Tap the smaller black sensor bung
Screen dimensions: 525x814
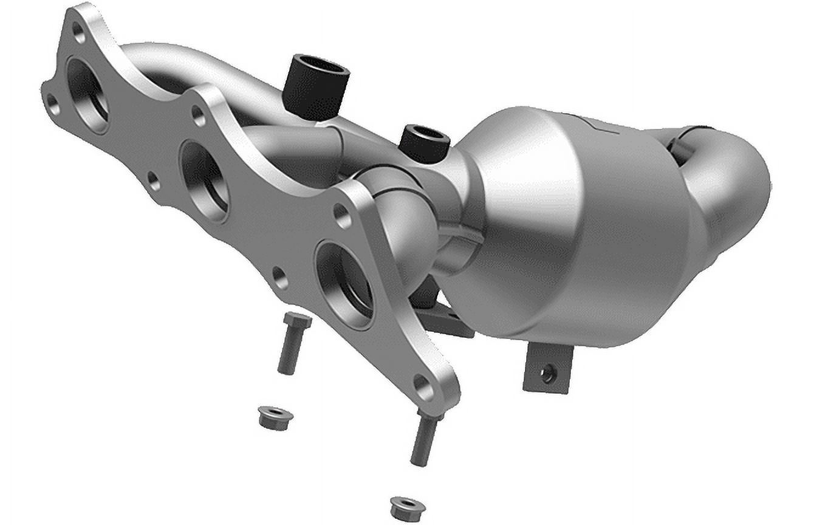(424, 142)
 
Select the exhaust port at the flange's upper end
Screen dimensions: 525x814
(88, 94)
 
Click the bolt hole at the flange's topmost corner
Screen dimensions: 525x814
(78, 32)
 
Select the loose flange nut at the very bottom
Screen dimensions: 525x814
(406, 508)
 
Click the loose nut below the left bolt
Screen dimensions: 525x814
(275, 417)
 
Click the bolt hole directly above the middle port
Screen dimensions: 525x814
(198, 115)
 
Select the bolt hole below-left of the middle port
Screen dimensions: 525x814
(154, 180)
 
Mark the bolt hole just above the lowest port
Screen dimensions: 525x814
(341, 215)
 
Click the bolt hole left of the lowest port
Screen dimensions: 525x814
(279, 278)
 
